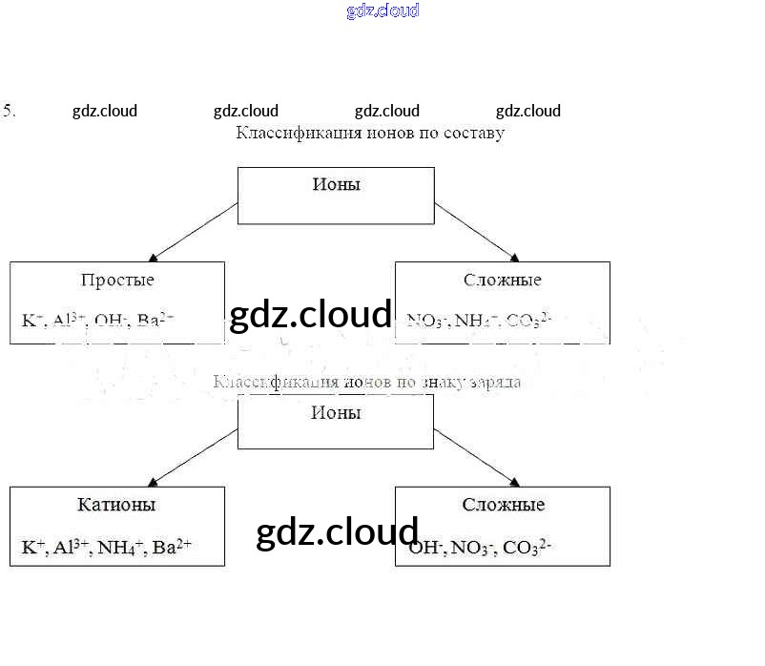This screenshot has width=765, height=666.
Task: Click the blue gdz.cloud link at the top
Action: (x=382, y=11)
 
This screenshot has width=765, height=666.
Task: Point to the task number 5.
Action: (x=10, y=110)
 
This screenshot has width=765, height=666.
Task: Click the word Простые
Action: (x=117, y=281)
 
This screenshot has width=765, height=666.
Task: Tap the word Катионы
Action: (x=116, y=505)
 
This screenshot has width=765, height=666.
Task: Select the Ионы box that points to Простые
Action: (x=336, y=196)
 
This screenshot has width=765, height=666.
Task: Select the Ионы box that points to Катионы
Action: (x=336, y=421)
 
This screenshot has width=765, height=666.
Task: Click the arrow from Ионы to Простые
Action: (x=195, y=231)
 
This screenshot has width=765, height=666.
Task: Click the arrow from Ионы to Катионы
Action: (x=195, y=456)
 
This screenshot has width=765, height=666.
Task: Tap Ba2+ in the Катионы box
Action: (x=173, y=548)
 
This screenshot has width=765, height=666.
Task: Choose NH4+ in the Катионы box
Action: (x=120, y=548)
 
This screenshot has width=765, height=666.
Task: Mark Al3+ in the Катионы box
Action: (x=72, y=548)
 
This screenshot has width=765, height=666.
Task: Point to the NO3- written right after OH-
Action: (x=470, y=548)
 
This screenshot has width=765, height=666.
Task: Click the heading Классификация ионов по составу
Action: (x=370, y=134)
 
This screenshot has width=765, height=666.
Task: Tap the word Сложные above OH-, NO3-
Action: (x=503, y=505)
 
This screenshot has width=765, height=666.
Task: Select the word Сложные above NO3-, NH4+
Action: (x=503, y=281)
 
